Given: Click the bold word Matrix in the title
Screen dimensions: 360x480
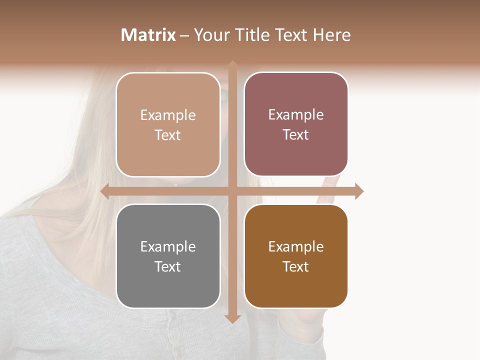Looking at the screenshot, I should click(x=148, y=35).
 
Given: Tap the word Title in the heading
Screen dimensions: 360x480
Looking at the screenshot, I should click(x=252, y=35).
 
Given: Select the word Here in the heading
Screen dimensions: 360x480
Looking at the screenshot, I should click(x=331, y=35).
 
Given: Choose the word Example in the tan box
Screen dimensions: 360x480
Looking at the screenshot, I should click(x=168, y=115).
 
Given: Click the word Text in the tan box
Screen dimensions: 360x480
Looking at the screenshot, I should click(x=168, y=135).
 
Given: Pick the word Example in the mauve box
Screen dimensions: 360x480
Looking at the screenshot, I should click(x=296, y=115).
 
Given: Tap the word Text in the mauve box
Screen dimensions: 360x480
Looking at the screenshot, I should click(x=296, y=135).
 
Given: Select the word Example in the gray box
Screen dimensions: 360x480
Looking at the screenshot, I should click(x=168, y=247).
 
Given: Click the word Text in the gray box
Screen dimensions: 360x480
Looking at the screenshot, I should click(x=168, y=267).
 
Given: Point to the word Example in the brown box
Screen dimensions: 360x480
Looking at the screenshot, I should click(x=296, y=247).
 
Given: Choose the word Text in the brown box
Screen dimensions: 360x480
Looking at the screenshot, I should click(x=296, y=267).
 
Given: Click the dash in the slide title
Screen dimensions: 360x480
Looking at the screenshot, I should click(x=184, y=35).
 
